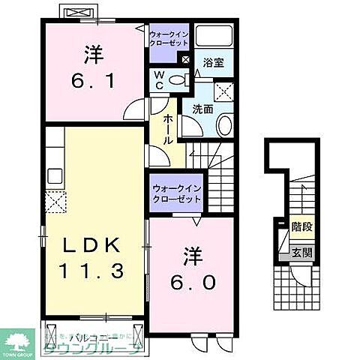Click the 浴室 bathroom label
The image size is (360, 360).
point(214,64)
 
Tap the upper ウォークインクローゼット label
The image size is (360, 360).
point(171,39)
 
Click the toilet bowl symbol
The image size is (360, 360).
point(177,80)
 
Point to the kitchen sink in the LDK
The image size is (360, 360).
point(55,177)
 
